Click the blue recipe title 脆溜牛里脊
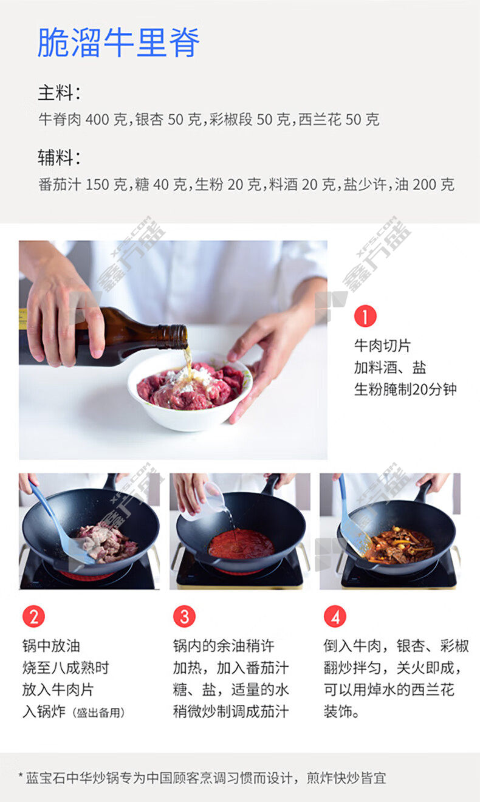point(118,43)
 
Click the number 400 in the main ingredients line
point(97,120)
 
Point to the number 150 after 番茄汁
point(97,185)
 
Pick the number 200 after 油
point(425,185)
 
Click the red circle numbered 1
point(365,316)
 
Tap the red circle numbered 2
point(33,617)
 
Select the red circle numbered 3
point(184,617)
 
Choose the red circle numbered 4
point(335,617)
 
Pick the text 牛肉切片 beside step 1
point(382,346)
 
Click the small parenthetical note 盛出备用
point(98,713)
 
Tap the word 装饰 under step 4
point(338,712)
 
